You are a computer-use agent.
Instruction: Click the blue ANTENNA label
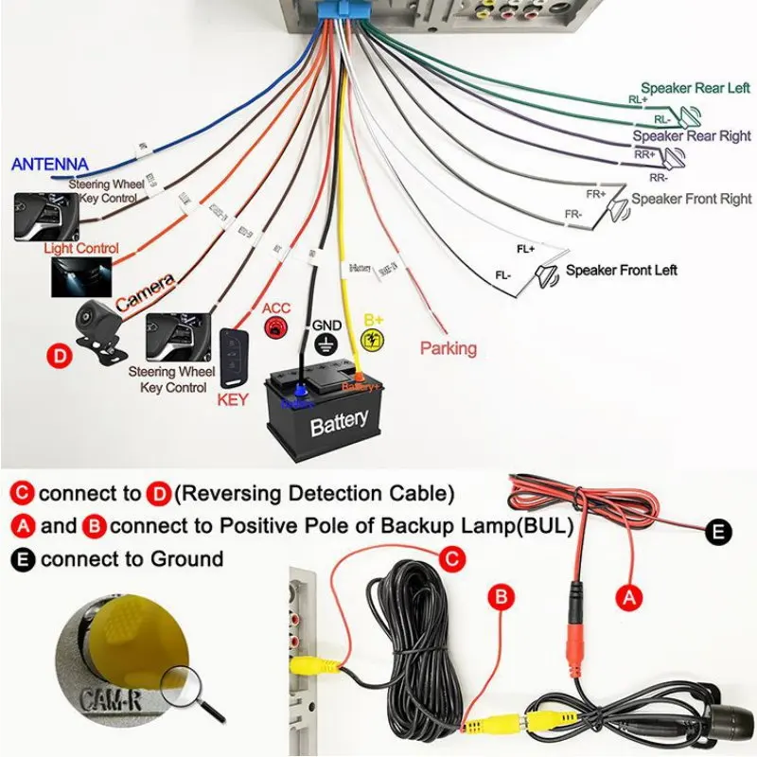(x=49, y=165)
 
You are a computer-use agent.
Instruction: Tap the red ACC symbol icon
(x=276, y=328)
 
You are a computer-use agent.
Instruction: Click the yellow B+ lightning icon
(x=374, y=341)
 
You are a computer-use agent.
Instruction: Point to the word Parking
(x=449, y=348)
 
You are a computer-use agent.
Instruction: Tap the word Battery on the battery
(x=338, y=423)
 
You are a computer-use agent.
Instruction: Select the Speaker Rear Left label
(x=695, y=88)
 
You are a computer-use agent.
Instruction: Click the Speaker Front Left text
(x=622, y=271)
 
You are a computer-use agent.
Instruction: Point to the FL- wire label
(x=503, y=275)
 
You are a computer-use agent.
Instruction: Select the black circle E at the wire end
(x=720, y=532)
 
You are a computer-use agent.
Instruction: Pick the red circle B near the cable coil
(x=502, y=597)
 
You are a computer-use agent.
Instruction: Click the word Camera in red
(x=145, y=291)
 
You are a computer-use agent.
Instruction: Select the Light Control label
(x=81, y=249)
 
